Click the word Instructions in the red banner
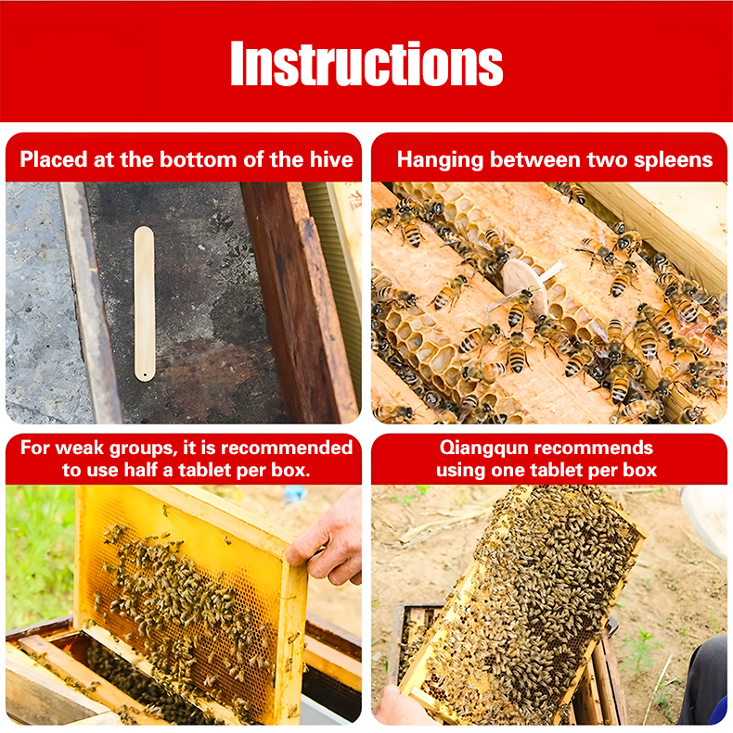pos(366,63)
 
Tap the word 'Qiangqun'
pos(482,449)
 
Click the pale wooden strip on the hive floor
pos(144,304)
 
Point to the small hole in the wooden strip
pos(145,374)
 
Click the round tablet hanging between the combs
pos(524,286)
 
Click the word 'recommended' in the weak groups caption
pos(287,448)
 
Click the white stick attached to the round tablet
pos(552,272)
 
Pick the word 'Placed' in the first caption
pos(54,160)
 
